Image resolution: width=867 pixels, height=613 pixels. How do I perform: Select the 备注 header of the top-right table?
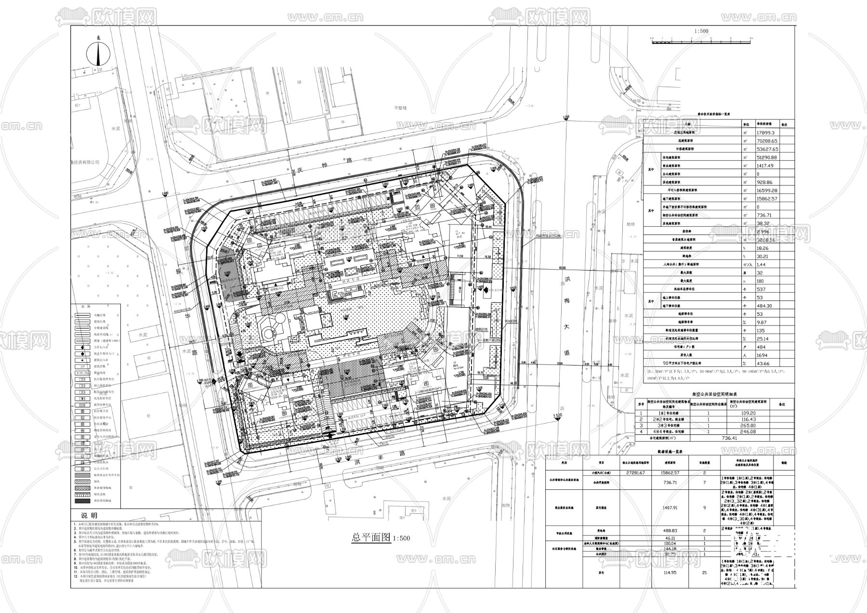785,124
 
